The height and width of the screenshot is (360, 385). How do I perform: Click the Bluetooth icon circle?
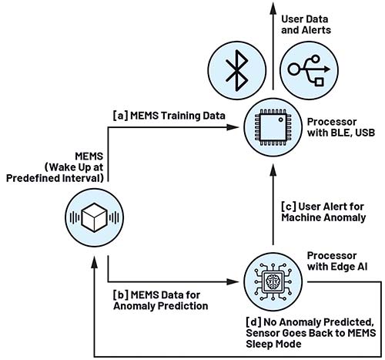tap(237, 71)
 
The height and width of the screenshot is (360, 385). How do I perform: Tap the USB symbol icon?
tap(309, 71)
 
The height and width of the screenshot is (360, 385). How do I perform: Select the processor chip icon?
tap(273, 127)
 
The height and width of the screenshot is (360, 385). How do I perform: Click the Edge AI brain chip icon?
tap(273, 281)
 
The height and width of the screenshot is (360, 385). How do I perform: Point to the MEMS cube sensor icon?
tap(94, 217)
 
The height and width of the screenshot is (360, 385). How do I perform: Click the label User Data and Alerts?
tap(306, 25)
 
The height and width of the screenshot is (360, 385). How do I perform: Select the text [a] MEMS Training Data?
tap(169, 116)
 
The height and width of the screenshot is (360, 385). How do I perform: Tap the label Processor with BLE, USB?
tap(341, 127)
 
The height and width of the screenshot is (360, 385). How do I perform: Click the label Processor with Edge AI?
tap(337, 261)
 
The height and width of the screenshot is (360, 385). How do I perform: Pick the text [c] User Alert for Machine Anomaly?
tap(323, 212)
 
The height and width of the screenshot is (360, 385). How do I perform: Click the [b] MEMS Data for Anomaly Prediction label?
tap(161, 301)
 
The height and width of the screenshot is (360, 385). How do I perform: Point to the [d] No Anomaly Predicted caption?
tap(311, 333)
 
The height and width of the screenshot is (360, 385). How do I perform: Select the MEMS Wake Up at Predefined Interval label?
tap(55, 167)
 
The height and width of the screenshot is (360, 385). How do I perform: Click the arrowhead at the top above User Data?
tap(273, 8)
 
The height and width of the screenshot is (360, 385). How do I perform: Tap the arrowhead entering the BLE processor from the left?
tap(233, 127)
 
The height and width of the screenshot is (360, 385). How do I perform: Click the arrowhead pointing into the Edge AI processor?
tap(233, 281)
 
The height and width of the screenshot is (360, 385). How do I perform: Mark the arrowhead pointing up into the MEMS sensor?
tap(95, 262)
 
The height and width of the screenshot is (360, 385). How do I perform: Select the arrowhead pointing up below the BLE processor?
tap(273, 170)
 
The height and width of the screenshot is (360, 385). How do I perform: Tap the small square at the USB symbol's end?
tap(319, 82)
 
